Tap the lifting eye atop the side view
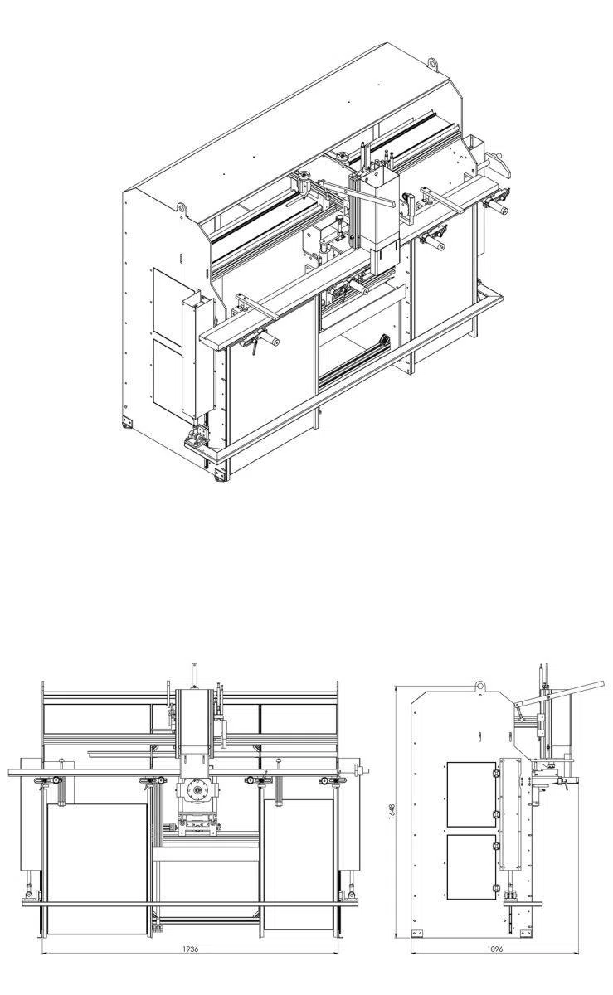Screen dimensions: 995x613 click(479, 686)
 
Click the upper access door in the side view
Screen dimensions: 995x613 click(471, 794)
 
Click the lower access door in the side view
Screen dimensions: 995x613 click(471, 866)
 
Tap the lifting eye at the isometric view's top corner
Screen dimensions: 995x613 click(432, 62)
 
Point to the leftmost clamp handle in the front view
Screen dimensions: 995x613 click(55, 781)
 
